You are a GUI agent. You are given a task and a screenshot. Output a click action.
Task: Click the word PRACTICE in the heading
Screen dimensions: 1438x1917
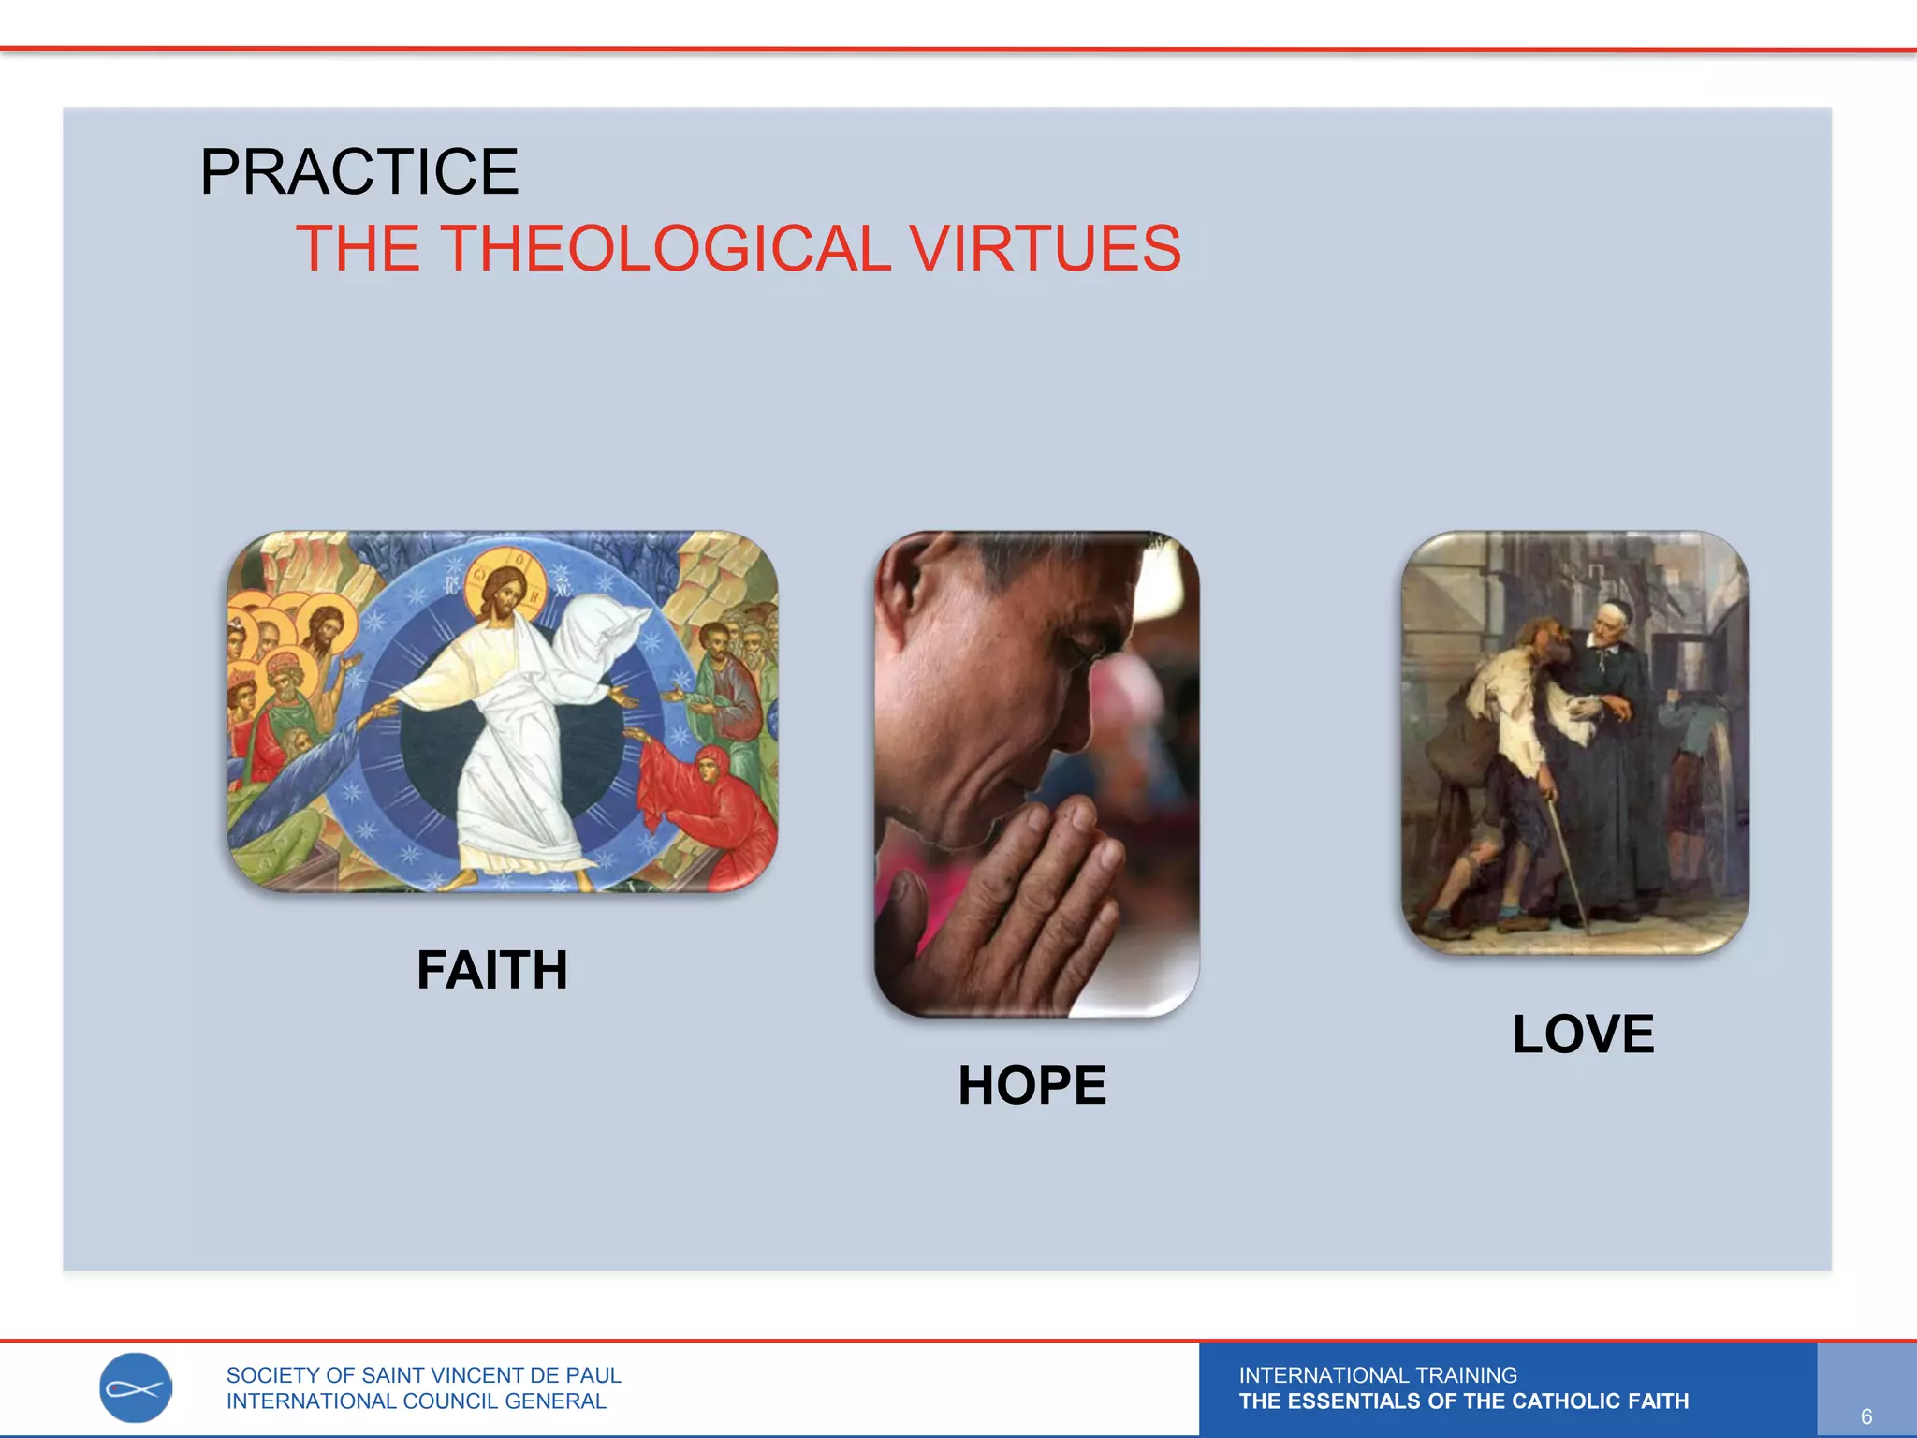point(359,172)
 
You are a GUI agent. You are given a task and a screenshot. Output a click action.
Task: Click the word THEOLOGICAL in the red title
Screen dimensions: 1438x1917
point(665,249)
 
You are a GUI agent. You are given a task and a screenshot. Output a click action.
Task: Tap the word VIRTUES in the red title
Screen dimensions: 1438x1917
point(1045,249)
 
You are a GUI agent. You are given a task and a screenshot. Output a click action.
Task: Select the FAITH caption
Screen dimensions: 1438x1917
point(492,970)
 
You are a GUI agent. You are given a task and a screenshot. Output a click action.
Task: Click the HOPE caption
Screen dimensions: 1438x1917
point(1032,1086)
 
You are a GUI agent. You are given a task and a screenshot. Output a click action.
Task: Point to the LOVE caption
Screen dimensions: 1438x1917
point(1583,1034)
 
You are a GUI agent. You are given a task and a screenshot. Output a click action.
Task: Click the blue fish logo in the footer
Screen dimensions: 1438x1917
point(136,1388)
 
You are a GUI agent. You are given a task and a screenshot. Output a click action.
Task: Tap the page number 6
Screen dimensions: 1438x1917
point(1866,1416)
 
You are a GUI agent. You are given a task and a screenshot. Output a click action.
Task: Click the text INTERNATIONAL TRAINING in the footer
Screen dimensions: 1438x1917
point(1378,1375)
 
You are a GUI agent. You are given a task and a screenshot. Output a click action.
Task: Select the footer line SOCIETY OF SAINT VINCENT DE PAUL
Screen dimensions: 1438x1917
point(423,1375)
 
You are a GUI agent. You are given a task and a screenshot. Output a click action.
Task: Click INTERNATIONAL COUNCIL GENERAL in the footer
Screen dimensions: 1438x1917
point(416,1401)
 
